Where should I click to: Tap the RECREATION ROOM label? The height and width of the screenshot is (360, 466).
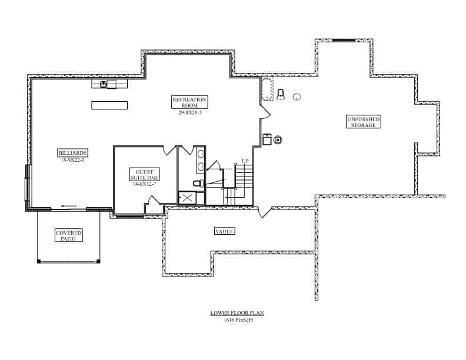189,102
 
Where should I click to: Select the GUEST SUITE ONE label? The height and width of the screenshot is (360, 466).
144,174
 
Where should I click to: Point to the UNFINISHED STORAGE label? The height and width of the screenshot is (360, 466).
363,122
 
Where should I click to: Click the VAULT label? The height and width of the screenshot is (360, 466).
224,231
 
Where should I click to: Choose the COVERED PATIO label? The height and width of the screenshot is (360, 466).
69,236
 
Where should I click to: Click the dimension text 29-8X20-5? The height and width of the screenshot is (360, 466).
190,112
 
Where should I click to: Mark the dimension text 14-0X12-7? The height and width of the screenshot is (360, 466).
144,184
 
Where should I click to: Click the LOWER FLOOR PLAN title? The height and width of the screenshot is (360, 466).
233,314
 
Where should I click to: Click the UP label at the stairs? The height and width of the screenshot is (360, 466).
245,161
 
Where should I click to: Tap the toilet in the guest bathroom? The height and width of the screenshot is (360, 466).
198,184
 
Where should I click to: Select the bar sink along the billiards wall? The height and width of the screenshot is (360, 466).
104,85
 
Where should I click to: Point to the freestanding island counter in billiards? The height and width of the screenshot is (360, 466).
109,105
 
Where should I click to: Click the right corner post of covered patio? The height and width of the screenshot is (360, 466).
98,261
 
